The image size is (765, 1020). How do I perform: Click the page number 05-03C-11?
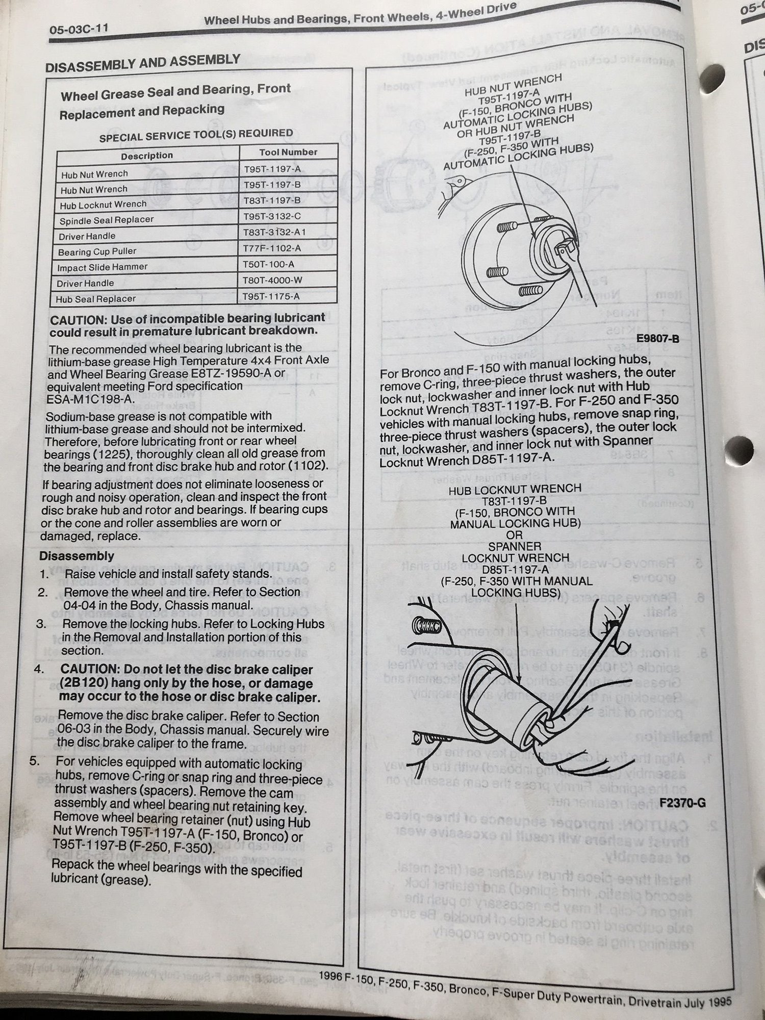pos(79,30)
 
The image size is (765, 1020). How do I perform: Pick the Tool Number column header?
pos(288,152)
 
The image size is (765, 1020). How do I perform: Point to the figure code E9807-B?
pos(657,338)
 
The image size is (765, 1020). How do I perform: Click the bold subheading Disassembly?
pos(76,556)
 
